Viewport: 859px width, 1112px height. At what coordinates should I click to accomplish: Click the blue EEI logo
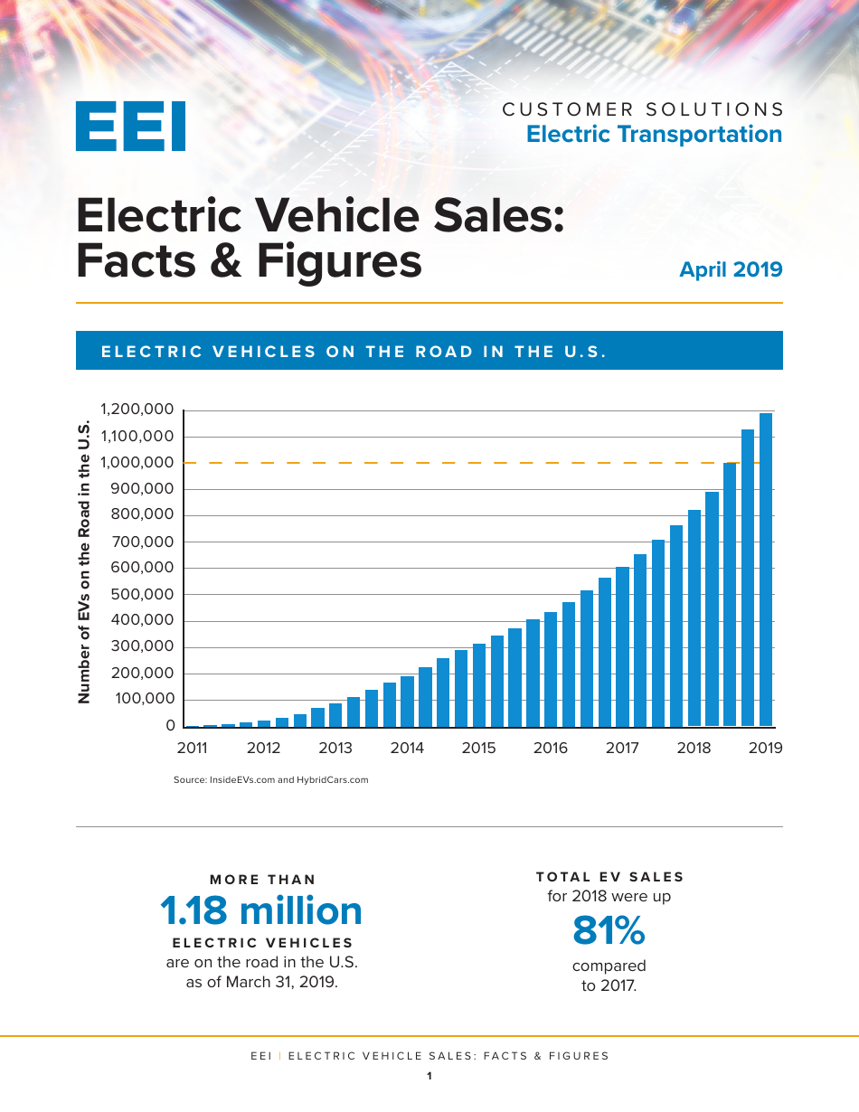click(x=130, y=126)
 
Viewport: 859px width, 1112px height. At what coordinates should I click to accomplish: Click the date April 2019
click(x=731, y=269)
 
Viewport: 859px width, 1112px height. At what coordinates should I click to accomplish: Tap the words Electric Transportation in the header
click(x=654, y=134)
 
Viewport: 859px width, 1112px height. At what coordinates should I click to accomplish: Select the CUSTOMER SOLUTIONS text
click(x=643, y=109)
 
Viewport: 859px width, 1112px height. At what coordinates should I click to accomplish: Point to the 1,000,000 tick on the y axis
click(x=137, y=463)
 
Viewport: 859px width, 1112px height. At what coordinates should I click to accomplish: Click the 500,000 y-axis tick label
click(x=141, y=594)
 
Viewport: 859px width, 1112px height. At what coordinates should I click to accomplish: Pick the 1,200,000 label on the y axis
click(x=137, y=410)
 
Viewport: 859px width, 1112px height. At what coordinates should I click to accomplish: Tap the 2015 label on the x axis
click(x=478, y=749)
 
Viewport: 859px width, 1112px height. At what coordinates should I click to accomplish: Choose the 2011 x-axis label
click(x=192, y=749)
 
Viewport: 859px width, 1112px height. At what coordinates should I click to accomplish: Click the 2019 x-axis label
click(x=766, y=749)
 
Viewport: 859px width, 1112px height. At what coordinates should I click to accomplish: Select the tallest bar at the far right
click(x=766, y=570)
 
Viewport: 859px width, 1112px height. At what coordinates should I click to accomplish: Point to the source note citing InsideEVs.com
click(x=270, y=779)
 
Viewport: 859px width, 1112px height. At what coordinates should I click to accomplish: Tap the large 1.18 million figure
click(x=261, y=911)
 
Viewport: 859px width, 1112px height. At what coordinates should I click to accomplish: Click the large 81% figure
click(x=609, y=930)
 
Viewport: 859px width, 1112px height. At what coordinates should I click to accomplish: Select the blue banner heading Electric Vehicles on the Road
click(x=354, y=352)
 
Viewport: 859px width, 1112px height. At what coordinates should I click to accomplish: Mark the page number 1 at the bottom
click(x=429, y=1076)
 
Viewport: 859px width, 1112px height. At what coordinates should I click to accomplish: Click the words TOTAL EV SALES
click(x=610, y=877)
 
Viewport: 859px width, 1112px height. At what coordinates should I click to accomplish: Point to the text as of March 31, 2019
click(x=261, y=982)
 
